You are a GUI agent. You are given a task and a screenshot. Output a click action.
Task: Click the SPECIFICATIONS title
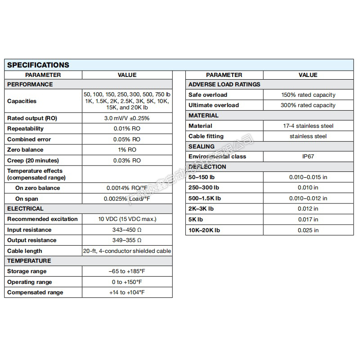(x=38, y=65)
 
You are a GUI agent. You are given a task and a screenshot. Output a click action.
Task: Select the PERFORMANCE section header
(x=30, y=85)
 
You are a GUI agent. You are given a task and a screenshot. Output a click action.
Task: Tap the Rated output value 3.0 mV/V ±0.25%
(x=127, y=118)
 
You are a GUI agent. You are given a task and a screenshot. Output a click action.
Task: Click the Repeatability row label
(x=26, y=129)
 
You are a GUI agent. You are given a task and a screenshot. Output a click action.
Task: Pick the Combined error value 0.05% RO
(x=127, y=139)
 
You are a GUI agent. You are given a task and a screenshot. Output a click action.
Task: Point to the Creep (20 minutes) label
(x=33, y=161)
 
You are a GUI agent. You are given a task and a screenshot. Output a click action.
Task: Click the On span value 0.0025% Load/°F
(x=127, y=198)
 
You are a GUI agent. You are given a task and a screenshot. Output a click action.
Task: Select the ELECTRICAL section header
(x=26, y=209)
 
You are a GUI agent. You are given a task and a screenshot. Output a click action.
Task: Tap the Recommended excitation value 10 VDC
(x=127, y=219)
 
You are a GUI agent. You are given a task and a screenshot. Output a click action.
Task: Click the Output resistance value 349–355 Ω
(x=127, y=240)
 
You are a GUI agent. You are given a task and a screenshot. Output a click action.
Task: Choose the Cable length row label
(x=25, y=251)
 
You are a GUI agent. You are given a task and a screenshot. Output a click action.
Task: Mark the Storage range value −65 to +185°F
(x=127, y=271)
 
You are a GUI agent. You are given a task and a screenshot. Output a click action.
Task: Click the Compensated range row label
(x=35, y=292)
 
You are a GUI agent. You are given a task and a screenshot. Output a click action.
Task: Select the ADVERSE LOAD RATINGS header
(x=224, y=85)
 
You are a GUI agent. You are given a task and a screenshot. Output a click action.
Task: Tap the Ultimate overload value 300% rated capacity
(x=308, y=105)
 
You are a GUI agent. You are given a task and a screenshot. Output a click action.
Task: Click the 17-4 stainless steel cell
(x=308, y=126)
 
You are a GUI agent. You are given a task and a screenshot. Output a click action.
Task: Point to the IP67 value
(x=308, y=157)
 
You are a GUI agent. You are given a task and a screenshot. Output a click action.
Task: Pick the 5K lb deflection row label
(x=196, y=220)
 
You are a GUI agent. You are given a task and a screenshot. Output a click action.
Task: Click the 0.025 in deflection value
(x=308, y=230)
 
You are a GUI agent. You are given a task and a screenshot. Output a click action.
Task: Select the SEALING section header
(x=202, y=147)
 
